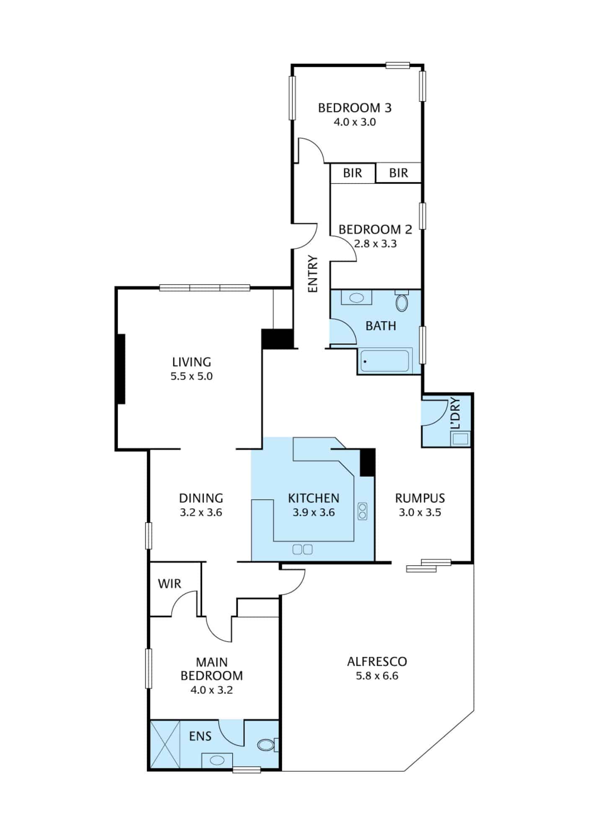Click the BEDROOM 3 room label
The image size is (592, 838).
click(354, 108)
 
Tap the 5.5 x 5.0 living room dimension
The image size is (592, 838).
click(191, 376)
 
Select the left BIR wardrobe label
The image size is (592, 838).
click(352, 173)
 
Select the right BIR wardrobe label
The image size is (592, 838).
click(398, 173)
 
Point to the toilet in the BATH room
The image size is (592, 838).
click(402, 301)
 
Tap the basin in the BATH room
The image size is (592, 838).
click(356, 298)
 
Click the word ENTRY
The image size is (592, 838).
click(313, 274)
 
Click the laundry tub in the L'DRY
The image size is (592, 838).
click(460, 439)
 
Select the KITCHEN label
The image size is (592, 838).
click(313, 498)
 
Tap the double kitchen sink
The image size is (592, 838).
click(302, 549)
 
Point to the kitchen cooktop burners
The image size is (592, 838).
click(362, 511)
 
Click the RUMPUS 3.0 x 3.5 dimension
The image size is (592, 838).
click(419, 512)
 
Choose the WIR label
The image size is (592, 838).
click(169, 584)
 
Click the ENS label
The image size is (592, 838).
click(200, 736)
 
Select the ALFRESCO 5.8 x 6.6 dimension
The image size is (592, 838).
click(377, 676)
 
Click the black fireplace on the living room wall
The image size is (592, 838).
click(121, 369)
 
